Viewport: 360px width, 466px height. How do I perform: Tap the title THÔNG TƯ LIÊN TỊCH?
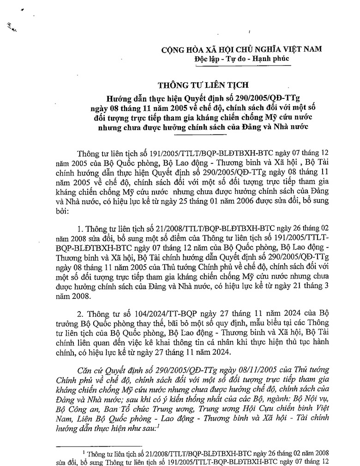(203, 85)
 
